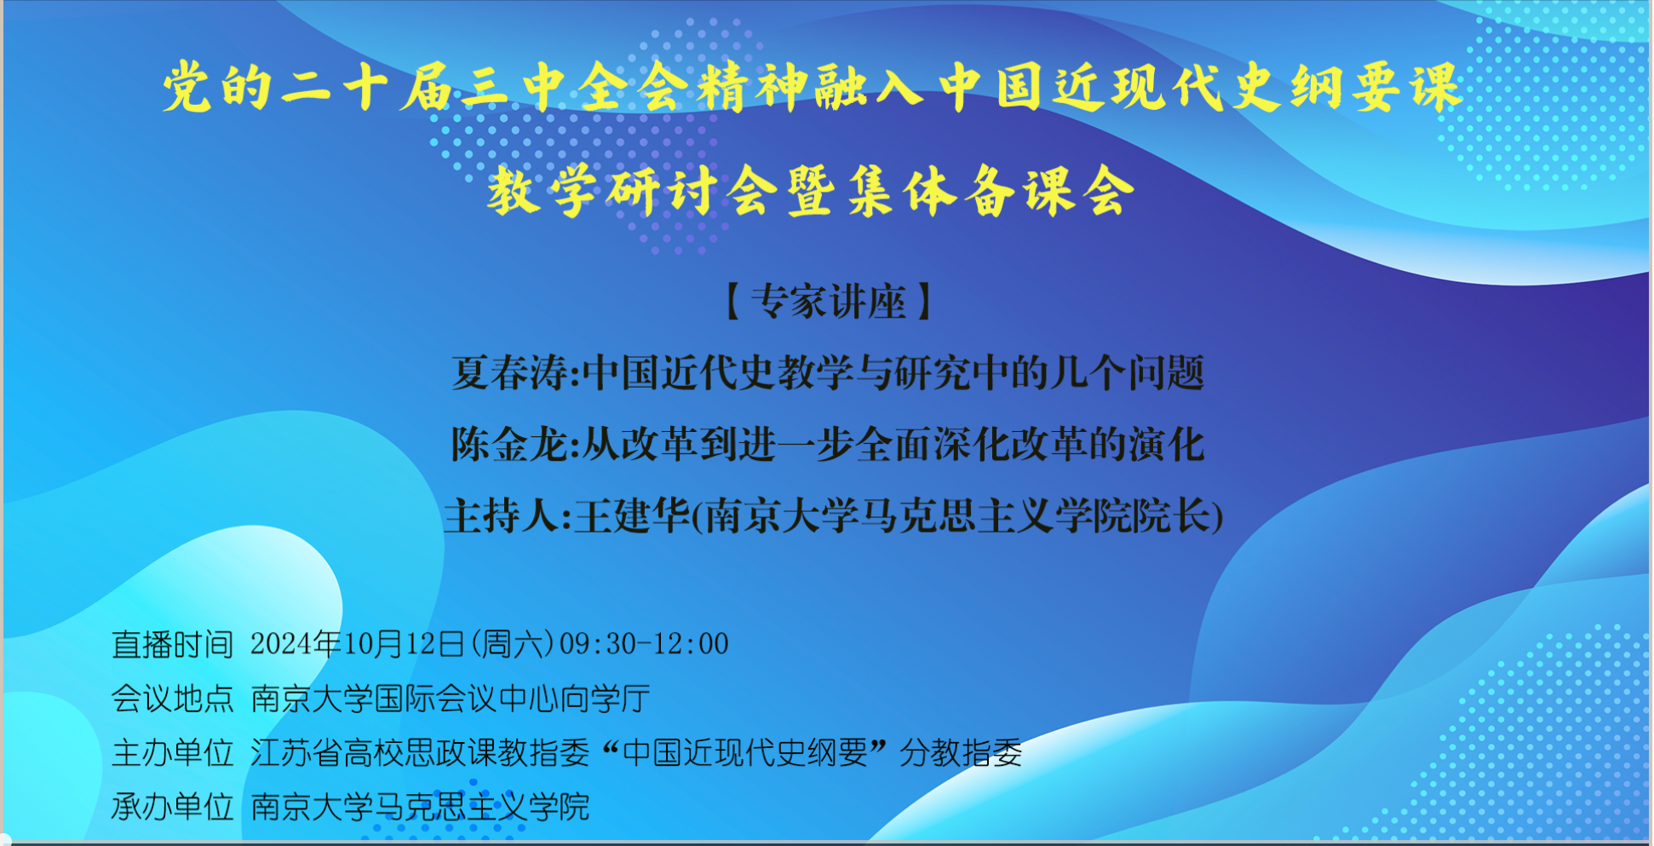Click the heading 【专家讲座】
coord(828,302)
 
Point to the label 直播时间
coord(173,644)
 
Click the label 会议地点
coord(173,699)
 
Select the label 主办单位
coord(173,752)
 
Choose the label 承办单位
coord(173,806)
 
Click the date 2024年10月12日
coord(358,644)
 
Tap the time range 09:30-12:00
coord(644,644)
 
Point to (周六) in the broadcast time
coord(512,644)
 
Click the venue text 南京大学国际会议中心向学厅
coord(451,699)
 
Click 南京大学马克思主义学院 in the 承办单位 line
coord(420,806)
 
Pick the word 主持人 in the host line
coord(502,515)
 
